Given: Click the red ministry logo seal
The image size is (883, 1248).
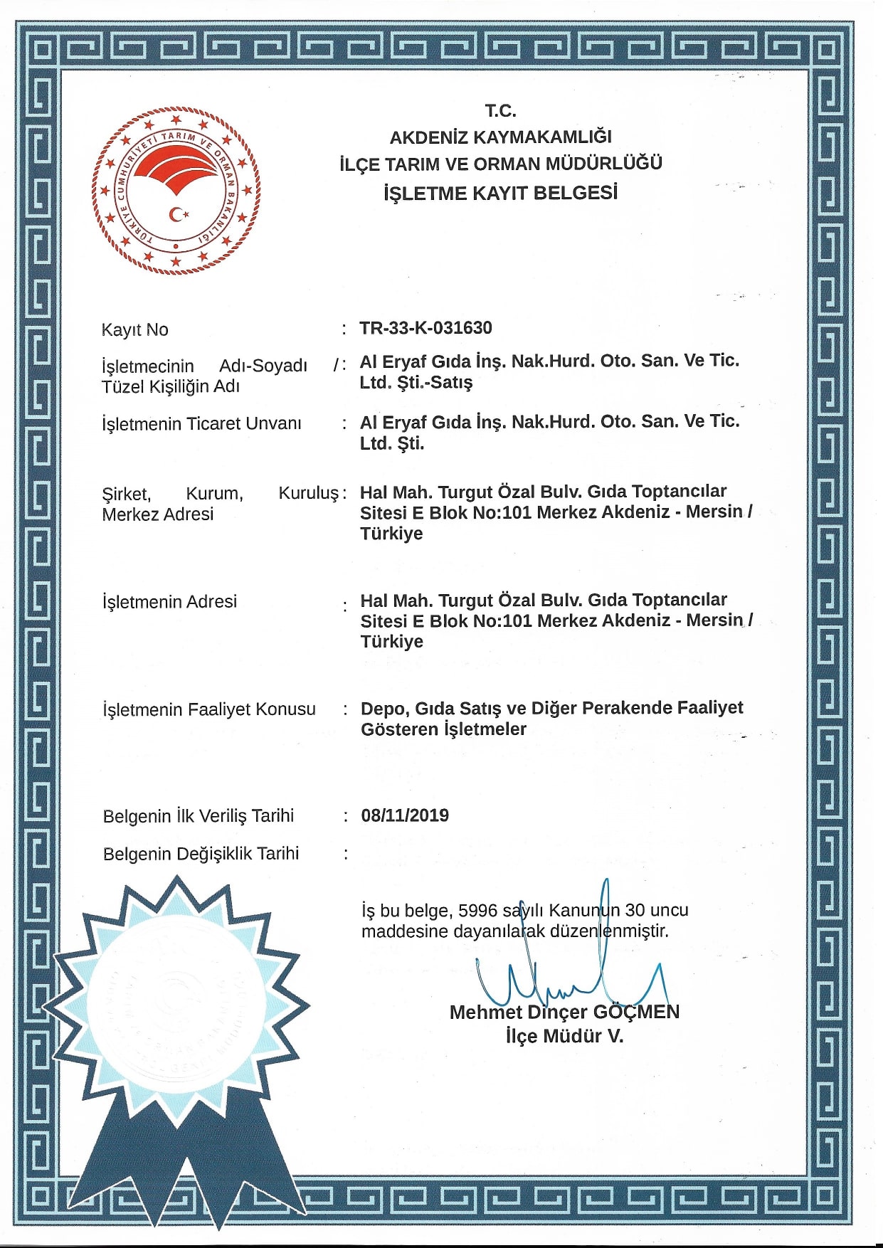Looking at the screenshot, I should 176,189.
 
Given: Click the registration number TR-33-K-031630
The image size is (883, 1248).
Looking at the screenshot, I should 425,328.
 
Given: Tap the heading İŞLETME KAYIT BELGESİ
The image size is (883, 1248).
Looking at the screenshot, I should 500,193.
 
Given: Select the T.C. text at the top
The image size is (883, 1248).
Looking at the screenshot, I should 500,111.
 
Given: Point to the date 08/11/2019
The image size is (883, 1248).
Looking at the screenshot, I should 405,815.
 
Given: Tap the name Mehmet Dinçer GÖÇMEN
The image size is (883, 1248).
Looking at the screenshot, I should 564,1012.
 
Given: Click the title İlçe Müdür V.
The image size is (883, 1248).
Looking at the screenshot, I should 564,1037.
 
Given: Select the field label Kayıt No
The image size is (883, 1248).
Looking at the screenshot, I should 135,330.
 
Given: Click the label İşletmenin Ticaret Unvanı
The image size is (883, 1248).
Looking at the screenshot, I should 201,424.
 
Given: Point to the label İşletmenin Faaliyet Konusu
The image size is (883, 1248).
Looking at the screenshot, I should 209,709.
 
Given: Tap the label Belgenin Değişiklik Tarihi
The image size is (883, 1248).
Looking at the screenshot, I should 201,854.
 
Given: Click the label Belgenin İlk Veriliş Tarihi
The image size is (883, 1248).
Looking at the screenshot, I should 198,816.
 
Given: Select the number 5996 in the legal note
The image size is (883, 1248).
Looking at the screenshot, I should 478,911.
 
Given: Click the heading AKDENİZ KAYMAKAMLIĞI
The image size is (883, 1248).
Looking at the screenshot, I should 500,137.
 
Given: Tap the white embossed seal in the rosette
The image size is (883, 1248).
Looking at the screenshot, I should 176,1007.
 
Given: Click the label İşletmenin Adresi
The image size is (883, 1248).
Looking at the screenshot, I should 169,602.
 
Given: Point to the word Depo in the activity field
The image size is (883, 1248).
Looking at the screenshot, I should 384,709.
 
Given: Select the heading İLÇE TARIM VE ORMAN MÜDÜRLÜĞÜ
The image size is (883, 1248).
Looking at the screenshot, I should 500,164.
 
